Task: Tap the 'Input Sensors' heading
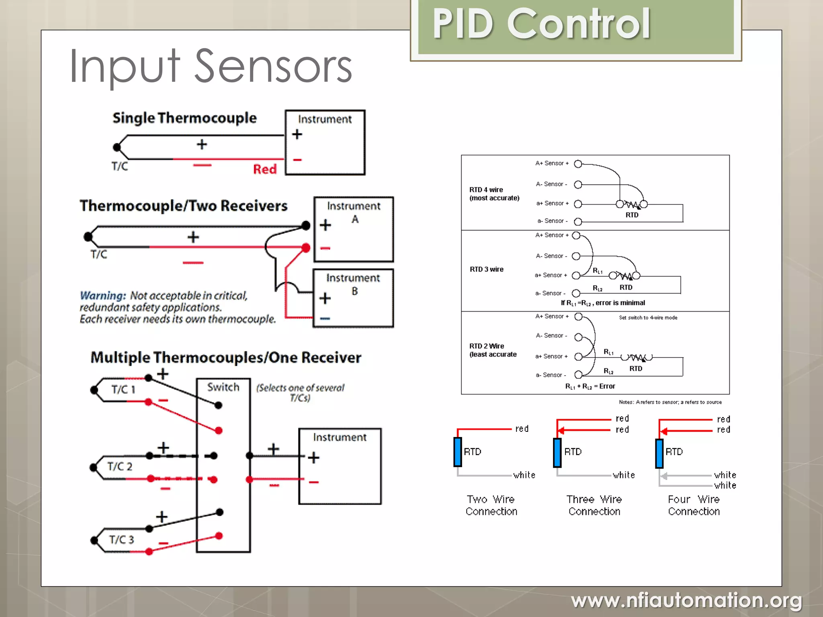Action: click(211, 66)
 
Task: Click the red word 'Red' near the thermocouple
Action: click(264, 169)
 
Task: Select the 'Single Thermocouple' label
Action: click(184, 118)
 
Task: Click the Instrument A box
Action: click(353, 229)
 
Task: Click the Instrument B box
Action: click(353, 298)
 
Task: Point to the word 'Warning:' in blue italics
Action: click(103, 296)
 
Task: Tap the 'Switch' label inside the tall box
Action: click(223, 387)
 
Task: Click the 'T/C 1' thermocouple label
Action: click(123, 389)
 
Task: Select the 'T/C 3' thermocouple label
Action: click(121, 539)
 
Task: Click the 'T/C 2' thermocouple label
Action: click(119, 466)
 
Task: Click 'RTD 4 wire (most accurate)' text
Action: click(494, 194)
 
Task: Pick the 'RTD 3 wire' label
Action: click(486, 269)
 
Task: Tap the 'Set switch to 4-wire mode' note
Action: click(648, 318)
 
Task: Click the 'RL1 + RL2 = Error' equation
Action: click(590, 386)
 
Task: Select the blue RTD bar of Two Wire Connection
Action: click(457, 452)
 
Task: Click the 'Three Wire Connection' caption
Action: click(594, 505)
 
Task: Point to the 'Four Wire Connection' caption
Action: click(694, 505)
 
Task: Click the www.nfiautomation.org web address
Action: click(686, 601)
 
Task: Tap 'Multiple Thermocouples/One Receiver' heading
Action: click(225, 358)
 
